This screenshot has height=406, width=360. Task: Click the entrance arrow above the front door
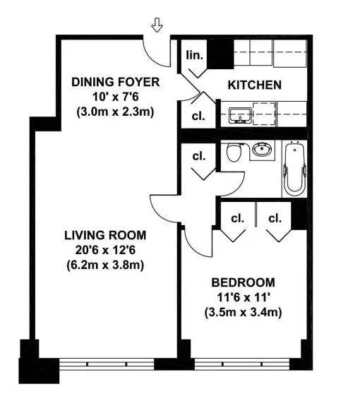pos(157,26)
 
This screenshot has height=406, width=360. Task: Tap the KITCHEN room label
pos(254,85)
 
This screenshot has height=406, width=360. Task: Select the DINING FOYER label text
pos(116,83)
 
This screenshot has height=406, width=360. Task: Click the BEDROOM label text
pos(243,283)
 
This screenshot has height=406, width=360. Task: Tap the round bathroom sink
pos(263,150)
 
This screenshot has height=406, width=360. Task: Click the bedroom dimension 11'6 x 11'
pos(243,297)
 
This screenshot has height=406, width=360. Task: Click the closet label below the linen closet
pos(198,117)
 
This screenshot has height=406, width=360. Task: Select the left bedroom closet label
pos(237,218)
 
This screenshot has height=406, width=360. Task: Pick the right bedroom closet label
pos(275,218)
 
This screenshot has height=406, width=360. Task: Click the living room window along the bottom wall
pos(106,365)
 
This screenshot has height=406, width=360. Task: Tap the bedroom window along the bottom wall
pos(244,365)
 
